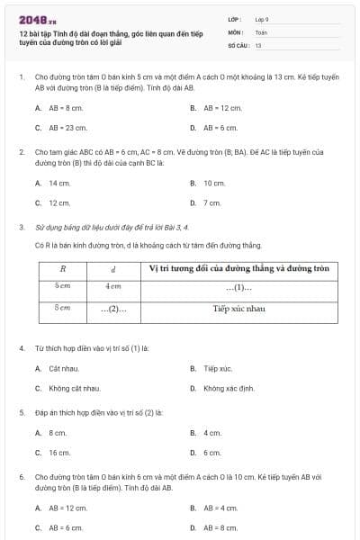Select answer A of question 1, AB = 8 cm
click(x=59, y=107)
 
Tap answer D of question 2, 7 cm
click(x=211, y=202)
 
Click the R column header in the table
click(x=63, y=268)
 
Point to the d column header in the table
click(x=113, y=268)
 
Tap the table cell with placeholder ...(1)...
click(x=238, y=288)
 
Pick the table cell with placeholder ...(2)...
click(x=113, y=309)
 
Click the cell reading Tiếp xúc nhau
click(x=238, y=309)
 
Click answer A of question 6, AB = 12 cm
click(x=63, y=508)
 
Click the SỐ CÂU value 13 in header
click(x=258, y=44)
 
